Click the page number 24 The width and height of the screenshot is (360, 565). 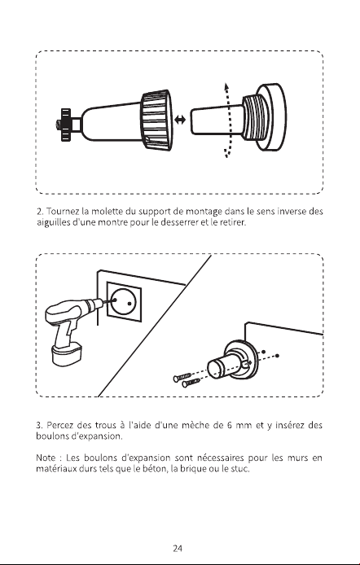point(178,549)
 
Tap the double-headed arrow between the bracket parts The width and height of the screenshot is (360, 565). point(180,120)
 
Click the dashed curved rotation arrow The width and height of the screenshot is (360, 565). point(227,120)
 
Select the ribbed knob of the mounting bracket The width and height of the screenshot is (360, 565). point(156,120)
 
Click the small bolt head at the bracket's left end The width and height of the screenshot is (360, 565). point(58,125)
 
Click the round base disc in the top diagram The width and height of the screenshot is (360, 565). point(272,117)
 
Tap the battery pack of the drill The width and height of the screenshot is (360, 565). point(67,354)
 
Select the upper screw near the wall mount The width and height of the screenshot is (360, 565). point(182,377)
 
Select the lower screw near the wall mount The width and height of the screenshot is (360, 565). point(191,383)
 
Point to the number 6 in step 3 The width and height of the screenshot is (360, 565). point(229,425)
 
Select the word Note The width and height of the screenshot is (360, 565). point(46,458)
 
